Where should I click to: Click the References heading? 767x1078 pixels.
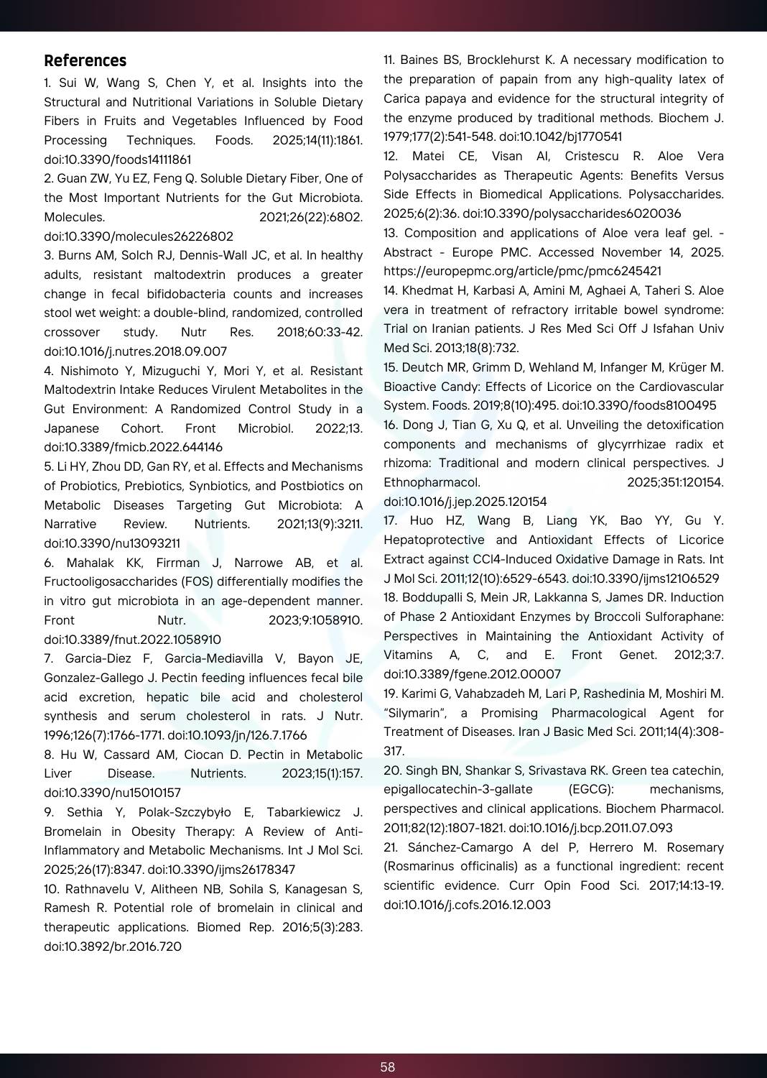[85, 61]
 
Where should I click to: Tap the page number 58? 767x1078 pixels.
[388, 1067]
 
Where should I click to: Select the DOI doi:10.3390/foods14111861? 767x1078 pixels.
[118, 160]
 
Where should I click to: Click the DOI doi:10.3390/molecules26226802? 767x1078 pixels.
[139, 236]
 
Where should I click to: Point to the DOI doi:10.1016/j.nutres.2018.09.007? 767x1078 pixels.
[135, 351]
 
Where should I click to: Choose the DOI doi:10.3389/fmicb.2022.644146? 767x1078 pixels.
[133, 447]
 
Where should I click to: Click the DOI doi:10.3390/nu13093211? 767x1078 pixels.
[112, 543]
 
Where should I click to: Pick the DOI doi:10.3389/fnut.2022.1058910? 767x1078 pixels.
[132, 640]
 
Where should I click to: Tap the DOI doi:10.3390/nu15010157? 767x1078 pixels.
[112, 793]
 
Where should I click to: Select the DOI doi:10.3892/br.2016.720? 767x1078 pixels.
[113, 946]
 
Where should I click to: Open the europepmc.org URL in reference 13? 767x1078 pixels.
[522, 271]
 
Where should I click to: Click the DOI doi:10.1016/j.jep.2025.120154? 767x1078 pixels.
[465, 502]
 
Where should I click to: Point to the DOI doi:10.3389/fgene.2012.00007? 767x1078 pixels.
[472, 674]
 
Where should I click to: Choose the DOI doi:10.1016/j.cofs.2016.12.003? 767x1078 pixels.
[467, 905]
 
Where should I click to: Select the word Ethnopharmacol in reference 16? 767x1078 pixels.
[432, 482]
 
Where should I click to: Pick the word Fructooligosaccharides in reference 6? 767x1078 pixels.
[107, 581]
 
